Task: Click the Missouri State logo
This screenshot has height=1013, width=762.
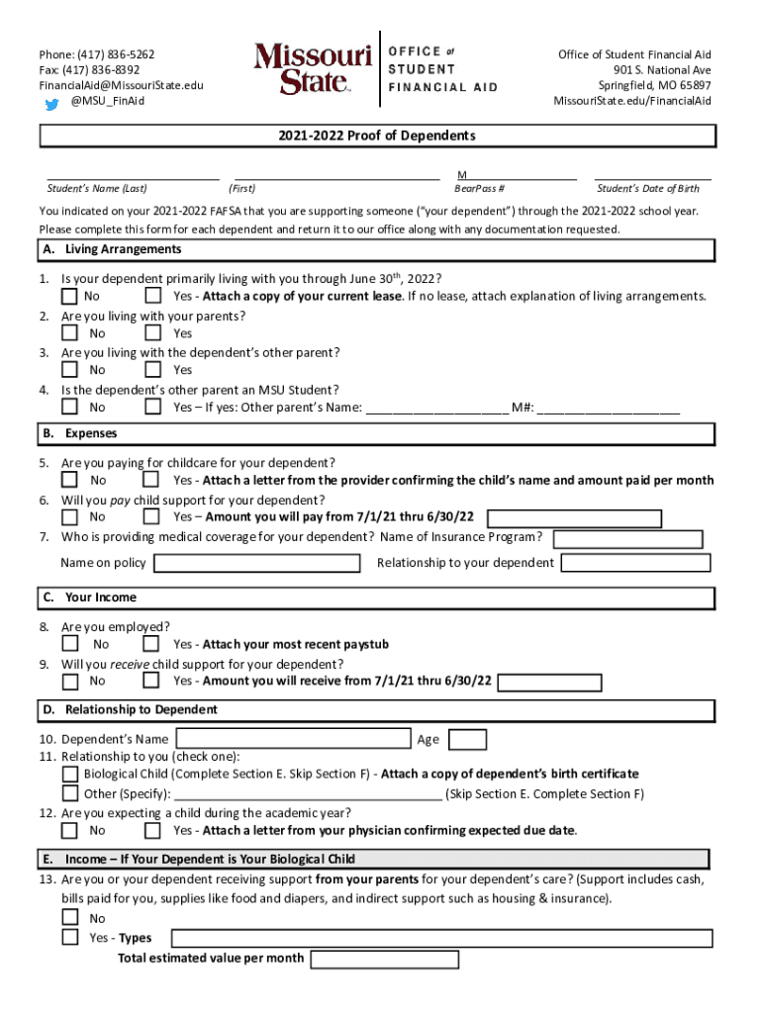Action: [x=313, y=67]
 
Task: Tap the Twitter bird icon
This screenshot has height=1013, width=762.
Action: [x=52, y=102]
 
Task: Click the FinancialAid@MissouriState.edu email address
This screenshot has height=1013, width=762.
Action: [x=121, y=85]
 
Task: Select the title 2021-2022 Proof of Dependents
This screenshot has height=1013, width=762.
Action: [x=377, y=136]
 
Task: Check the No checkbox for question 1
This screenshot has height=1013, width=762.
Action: [x=70, y=296]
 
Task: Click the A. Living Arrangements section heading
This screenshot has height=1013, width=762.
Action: [x=111, y=249]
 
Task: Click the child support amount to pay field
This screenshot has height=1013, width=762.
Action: [x=575, y=518]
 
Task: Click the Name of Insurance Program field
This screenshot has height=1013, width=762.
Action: [x=627, y=539]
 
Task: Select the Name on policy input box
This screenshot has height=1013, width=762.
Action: [x=257, y=563]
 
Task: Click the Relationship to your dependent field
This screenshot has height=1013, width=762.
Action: [x=635, y=563]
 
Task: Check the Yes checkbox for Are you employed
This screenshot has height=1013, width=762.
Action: [x=151, y=644]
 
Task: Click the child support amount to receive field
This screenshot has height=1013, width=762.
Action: [x=549, y=682]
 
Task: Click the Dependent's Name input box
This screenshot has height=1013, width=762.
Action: [x=293, y=739]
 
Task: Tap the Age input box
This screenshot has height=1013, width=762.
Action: [x=467, y=739]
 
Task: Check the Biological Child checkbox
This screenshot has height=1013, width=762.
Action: [x=70, y=774]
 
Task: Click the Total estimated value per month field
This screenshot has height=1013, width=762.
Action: [x=384, y=959]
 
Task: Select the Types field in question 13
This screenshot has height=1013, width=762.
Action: [x=441, y=938]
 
